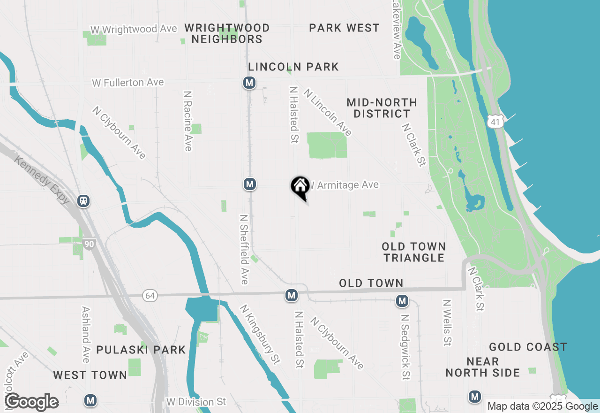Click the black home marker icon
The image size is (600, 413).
(x=300, y=186)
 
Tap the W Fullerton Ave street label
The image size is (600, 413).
(x=128, y=83)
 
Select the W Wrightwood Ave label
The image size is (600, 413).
(x=134, y=29)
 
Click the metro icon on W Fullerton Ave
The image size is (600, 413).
(x=249, y=83)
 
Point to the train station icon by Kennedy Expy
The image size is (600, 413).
(x=83, y=201)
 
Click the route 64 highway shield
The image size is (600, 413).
(x=150, y=296)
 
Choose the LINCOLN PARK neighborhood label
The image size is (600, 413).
(x=293, y=67)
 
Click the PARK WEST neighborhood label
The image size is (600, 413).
(x=344, y=28)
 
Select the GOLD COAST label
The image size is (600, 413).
(x=528, y=347)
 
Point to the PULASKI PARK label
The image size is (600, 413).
(x=141, y=350)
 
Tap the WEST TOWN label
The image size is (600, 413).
(x=90, y=375)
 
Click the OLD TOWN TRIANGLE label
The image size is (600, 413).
(x=413, y=252)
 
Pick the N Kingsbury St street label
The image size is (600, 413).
(x=260, y=334)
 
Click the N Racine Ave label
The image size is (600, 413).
(x=188, y=121)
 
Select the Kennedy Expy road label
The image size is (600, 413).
(x=42, y=180)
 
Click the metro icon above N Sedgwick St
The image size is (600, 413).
(x=402, y=301)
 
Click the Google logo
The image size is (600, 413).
(x=31, y=402)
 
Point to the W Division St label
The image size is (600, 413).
(x=196, y=402)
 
